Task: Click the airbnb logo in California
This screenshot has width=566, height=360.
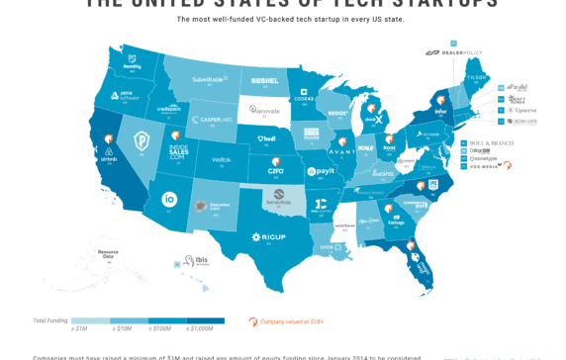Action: pos(108,157)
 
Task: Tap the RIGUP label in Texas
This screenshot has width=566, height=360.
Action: pos(267,236)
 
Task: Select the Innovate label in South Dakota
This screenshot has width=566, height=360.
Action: pos(265,111)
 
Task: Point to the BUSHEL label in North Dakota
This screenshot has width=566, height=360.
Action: pos(265,81)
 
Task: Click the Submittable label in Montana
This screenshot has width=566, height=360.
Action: pos(208,79)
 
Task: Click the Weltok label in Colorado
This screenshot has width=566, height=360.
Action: pos(222,159)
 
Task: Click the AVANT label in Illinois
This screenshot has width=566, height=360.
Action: pos(342,152)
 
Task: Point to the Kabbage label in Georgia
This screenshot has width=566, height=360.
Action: pos(397,223)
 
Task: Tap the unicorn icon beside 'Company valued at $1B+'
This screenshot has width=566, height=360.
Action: pos(253,320)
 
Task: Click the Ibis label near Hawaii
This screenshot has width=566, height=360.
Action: pos(200,261)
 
